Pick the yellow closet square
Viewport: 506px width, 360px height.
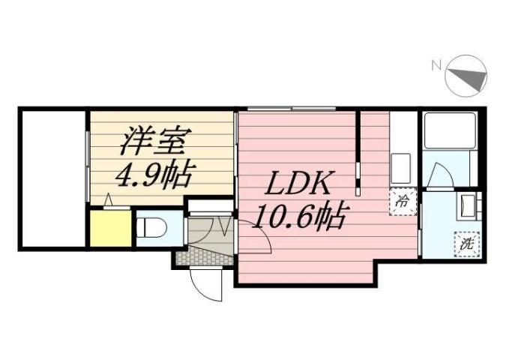(x=111, y=229)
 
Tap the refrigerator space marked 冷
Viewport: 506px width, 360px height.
(x=402, y=201)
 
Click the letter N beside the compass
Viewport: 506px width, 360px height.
(x=436, y=65)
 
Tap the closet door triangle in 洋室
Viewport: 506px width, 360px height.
(x=109, y=200)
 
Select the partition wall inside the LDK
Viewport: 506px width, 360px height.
(x=358, y=146)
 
